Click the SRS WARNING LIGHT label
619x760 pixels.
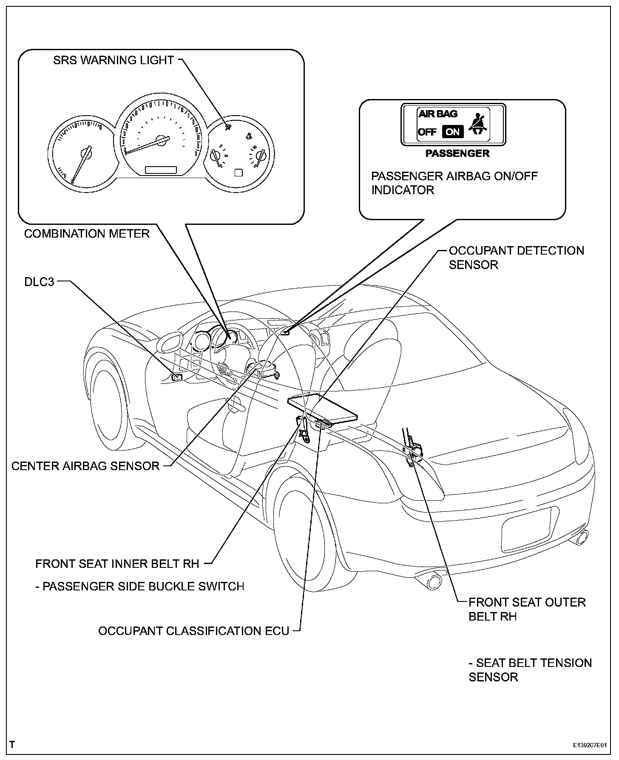113,60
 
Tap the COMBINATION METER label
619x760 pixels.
87,234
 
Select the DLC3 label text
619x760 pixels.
40,282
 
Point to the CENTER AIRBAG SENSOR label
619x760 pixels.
85,466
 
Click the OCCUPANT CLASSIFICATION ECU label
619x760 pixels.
193,631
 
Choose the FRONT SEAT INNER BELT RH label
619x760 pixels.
117,564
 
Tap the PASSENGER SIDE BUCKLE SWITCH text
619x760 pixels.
140,587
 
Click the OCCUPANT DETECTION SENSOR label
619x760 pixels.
516,258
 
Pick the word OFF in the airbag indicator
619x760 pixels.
427,132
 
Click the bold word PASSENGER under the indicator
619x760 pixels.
457,153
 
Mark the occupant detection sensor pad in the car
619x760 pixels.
322,408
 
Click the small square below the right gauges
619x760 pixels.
239,173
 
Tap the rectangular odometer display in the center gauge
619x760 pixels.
161,170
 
